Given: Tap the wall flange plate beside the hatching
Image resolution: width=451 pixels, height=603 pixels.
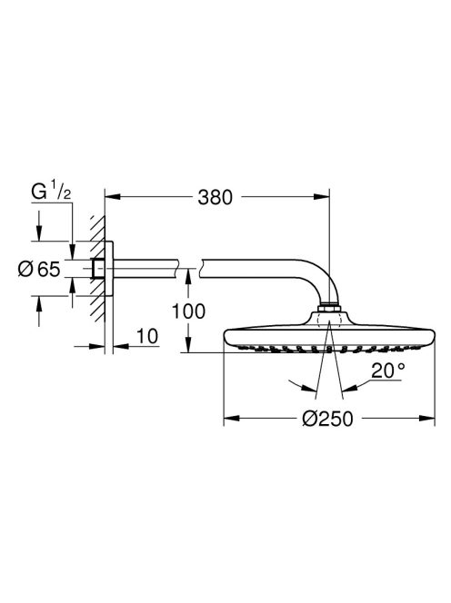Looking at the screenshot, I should click(x=110, y=268).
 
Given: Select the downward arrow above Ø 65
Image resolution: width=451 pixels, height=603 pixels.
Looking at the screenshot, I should click(x=38, y=238).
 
